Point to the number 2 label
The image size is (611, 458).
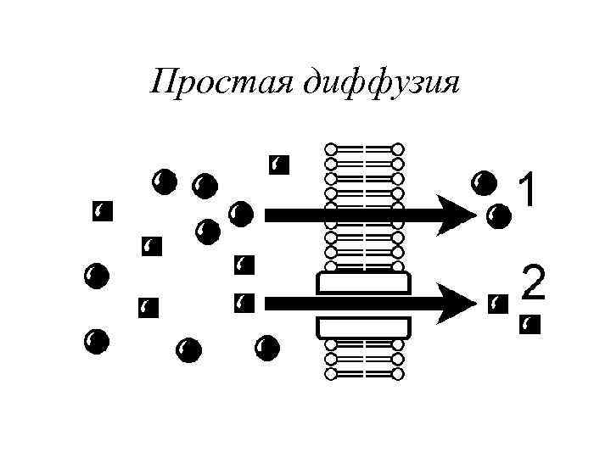pos(533,283)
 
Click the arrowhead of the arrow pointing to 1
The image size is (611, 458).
pos(458,215)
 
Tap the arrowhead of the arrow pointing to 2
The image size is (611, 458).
pos(458,301)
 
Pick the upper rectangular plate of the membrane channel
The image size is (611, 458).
pos(363,282)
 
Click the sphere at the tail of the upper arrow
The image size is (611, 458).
pos(240,213)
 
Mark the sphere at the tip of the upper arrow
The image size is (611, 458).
pos(498,216)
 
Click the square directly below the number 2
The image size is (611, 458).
pos(530,324)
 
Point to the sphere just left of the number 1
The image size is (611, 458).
pos(484,182)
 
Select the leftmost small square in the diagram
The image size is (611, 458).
pos(102,211)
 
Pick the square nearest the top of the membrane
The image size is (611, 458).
pos(277,165)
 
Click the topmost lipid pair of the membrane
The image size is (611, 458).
pos(363,149)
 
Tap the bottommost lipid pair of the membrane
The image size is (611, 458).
pos(363,372)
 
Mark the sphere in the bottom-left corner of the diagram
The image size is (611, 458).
pos(95,341)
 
